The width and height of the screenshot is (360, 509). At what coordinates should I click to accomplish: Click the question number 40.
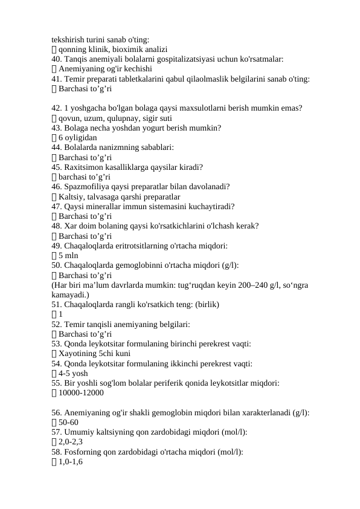[x=56, y=59]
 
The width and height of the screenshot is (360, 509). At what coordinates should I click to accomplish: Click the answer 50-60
[x=68, y=422]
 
